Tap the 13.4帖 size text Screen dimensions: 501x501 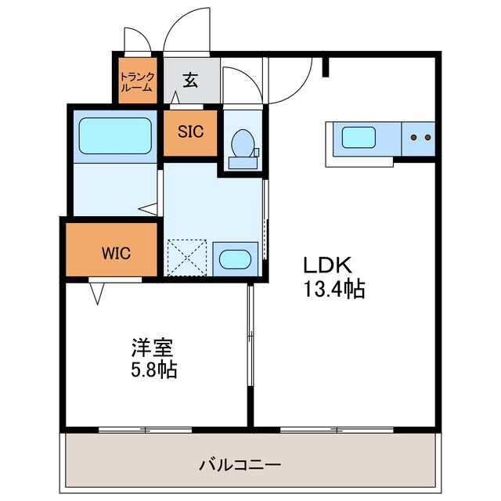click(334, 290)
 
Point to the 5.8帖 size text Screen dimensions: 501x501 click(153, 369)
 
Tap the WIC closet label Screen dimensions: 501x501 click(115, 253)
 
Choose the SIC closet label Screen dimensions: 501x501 click(190, 132)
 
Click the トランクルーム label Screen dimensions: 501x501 click(137, 82)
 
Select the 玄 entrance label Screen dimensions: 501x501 click(190, 79)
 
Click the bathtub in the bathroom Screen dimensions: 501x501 click(115, 136)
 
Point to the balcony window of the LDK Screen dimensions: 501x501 click(337, 429)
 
